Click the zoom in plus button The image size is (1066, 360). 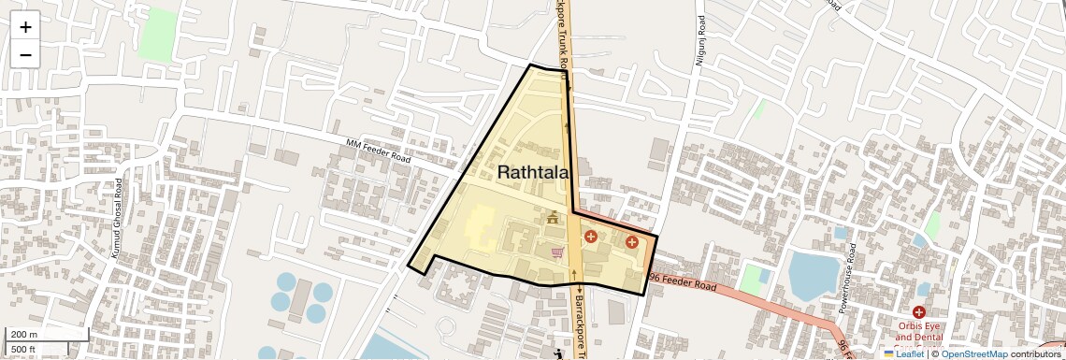point(25,27)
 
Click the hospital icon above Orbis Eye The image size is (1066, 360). point(919,311)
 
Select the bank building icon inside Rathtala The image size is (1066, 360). point(553,219)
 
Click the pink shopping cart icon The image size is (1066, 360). point(557,252)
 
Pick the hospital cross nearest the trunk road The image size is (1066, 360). point(590,237)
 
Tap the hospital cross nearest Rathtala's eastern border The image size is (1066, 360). point(632,242)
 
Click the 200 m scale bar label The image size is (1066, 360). point(24,334)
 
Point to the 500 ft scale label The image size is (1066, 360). point(23,350)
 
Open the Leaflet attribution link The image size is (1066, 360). point(903,353)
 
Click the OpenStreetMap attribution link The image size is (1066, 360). point(973,353)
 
